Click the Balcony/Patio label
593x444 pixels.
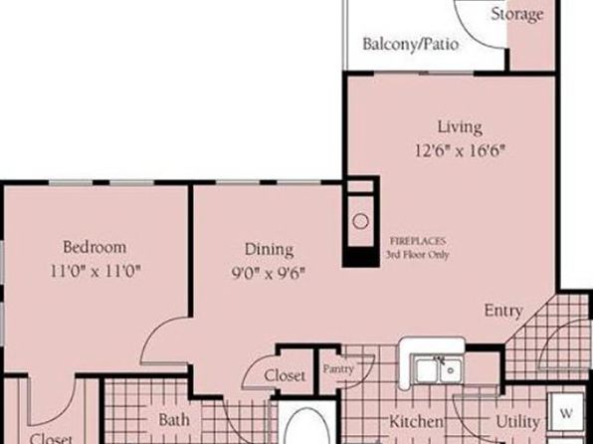[411, 44]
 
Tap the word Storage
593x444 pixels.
[517, 14]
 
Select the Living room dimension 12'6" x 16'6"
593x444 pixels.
[460, 151]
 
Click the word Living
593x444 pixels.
[460, 127]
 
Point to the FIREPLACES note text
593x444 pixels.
[418, 248]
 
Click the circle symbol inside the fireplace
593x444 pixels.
[360, 221]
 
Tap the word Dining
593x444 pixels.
[270, 250]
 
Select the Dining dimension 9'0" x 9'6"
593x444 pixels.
[269, 273]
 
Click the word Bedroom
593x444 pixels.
[95, 247]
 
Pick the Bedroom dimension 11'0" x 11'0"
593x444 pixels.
[96, 271]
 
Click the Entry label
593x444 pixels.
[503, 312]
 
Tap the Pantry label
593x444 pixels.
[338, 368]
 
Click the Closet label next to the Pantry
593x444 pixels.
[285, 376]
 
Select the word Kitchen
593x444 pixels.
[417, 421]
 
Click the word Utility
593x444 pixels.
[517, 422]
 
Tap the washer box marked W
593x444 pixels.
[566, 412]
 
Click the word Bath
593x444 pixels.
[174, 420]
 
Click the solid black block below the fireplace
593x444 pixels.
[361, 257]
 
